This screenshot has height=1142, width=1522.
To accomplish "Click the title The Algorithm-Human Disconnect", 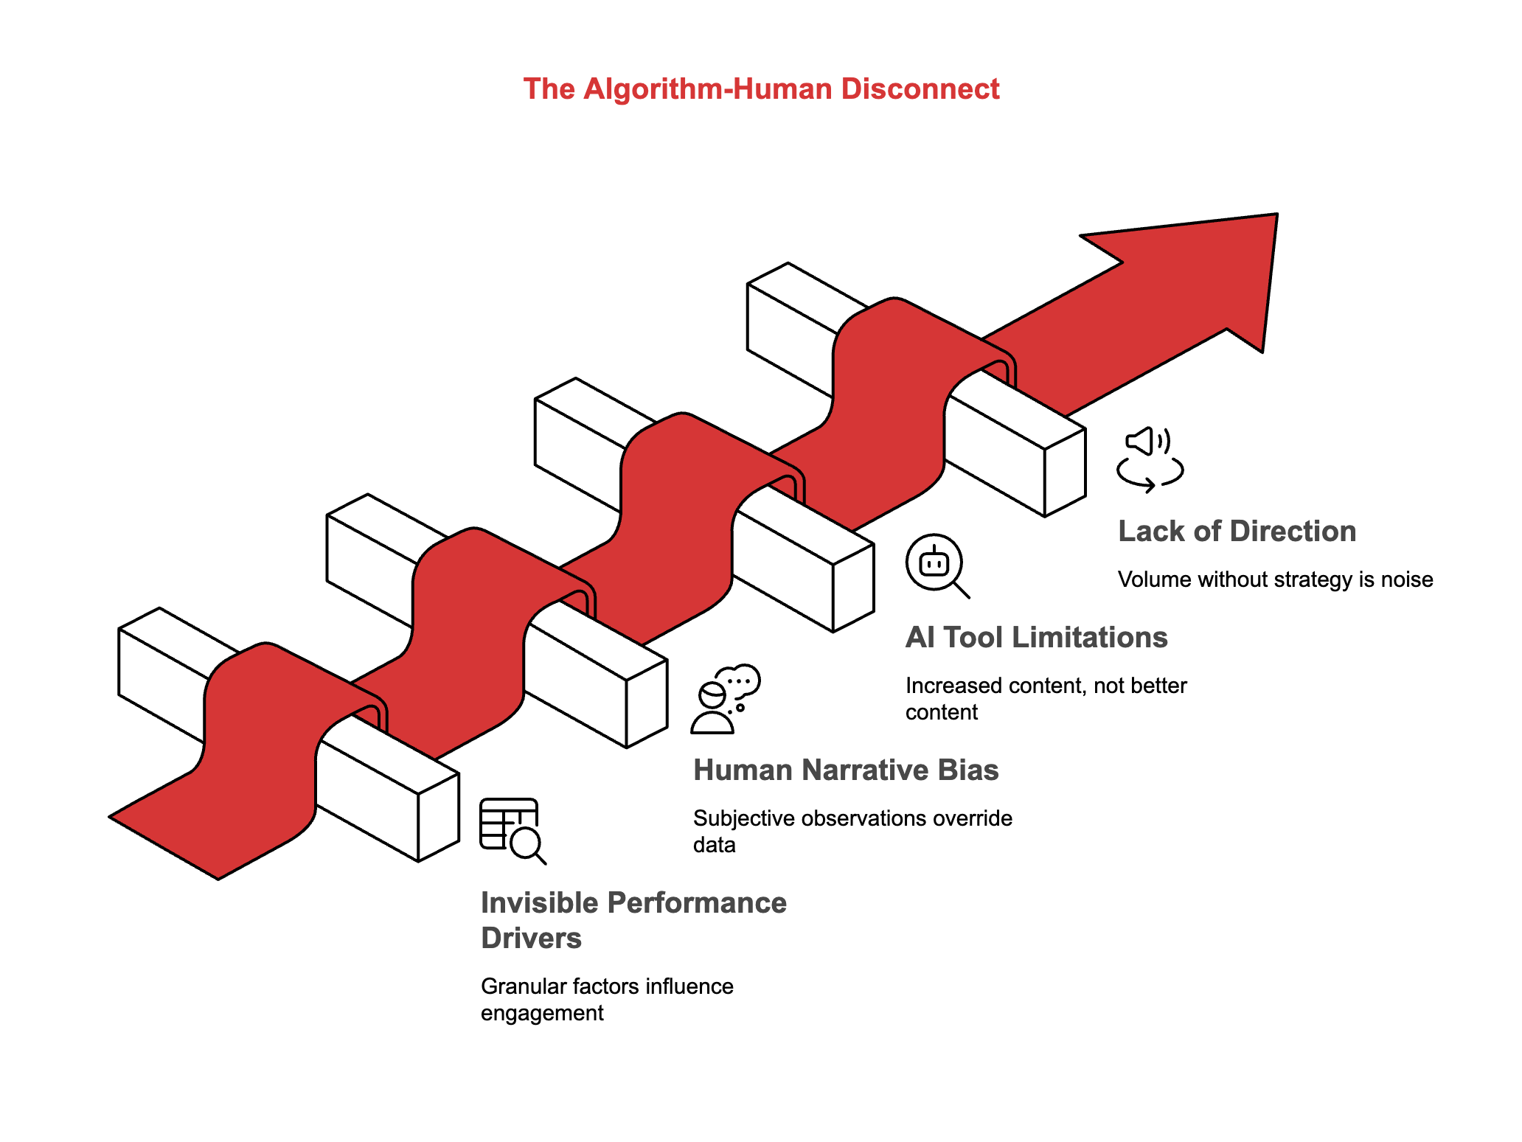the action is (761, 89).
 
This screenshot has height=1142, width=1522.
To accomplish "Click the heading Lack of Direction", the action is (1237, 532).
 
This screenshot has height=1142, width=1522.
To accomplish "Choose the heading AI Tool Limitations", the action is (1036, 638).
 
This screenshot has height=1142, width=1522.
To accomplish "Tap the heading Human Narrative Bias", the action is (846, 770).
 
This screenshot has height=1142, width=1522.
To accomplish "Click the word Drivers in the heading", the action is (531, 939).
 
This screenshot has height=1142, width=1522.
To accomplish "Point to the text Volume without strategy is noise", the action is (1275, 579).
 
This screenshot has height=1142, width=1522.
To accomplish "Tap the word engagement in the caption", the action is (542, 1013).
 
